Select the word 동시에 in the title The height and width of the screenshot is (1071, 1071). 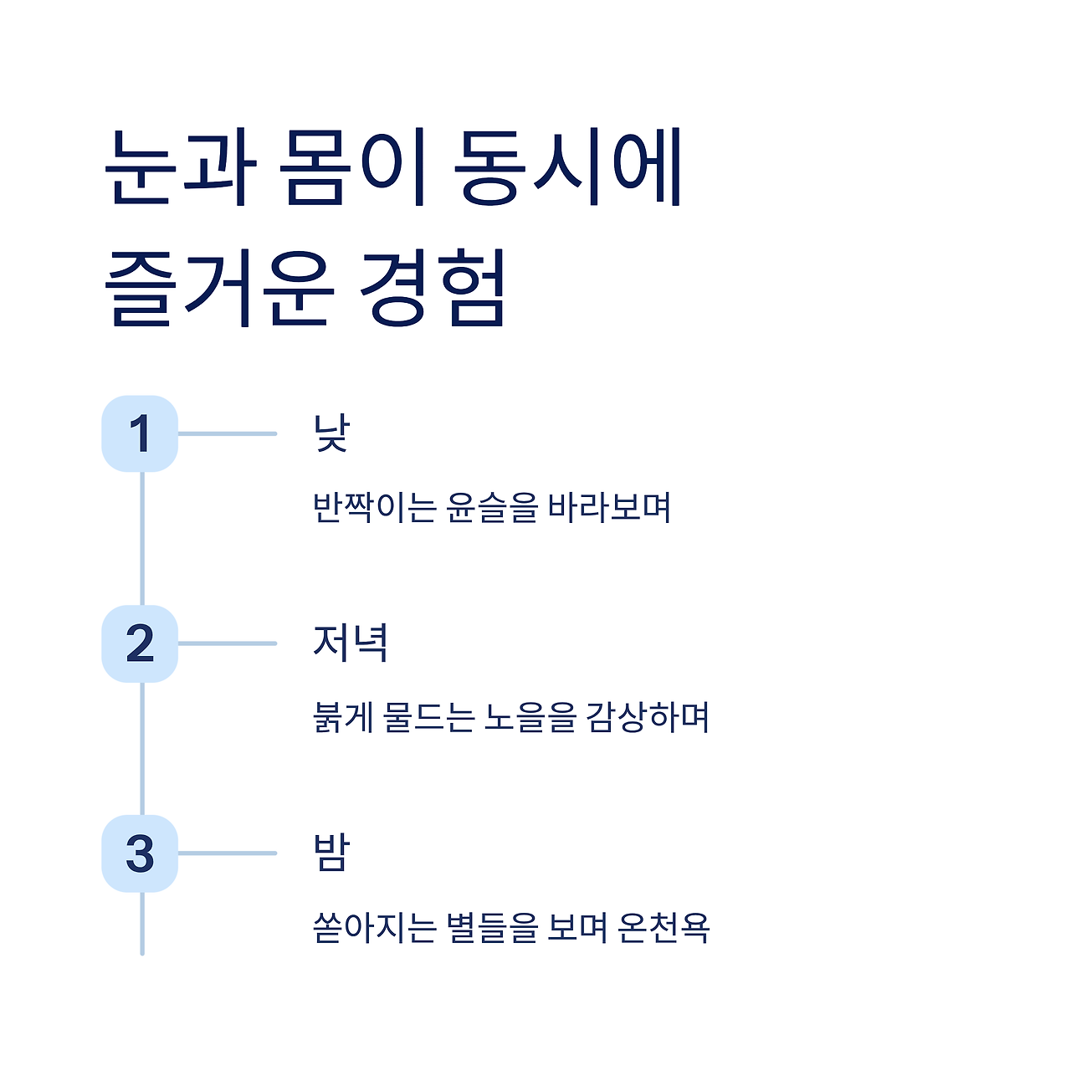[569, 167]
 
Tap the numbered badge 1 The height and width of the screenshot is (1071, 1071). [140, 433]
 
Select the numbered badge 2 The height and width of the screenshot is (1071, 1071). [140, 643]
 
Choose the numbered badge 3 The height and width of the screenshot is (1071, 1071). [140, 853]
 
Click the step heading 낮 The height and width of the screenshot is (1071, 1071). [331, 433]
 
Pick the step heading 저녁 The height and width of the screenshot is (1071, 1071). [350, 643]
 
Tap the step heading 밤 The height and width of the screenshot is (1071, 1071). [331, 853]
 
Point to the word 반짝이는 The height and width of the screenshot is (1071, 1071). [374, 508]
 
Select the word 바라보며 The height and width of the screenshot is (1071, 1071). [610, 508]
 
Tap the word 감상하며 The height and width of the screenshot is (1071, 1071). [648, 718]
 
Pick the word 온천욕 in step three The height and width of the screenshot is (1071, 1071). [664, 927]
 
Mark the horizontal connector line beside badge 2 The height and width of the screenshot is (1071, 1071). [227, 643]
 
